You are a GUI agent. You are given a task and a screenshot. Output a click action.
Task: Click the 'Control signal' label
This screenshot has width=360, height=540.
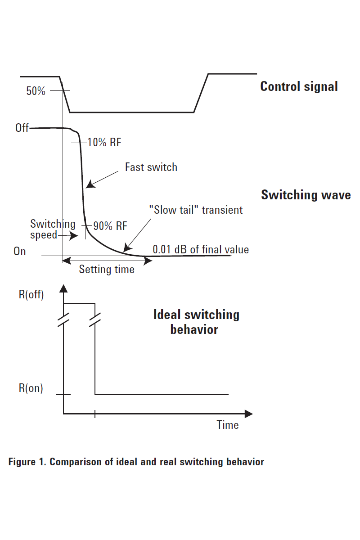point(299,86)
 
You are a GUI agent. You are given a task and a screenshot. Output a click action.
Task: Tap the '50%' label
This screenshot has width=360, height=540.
point(36,91)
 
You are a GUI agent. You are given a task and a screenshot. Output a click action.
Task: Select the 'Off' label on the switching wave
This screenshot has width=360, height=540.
point(22,128)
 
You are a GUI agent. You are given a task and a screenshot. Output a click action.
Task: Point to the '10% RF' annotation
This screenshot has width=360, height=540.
point(104,143)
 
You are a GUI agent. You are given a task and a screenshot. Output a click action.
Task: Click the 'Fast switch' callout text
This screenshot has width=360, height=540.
point(151,167)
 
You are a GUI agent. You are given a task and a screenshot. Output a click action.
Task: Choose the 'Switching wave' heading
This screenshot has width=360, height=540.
point(306,195)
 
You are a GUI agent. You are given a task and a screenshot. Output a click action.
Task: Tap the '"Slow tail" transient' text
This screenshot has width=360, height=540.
point(196,210)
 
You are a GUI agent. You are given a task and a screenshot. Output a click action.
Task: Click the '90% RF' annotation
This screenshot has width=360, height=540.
point(110,226)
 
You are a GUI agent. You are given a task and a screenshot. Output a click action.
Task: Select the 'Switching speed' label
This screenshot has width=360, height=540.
point(52,229)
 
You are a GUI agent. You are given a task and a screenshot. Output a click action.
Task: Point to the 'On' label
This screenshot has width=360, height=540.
point(20,251)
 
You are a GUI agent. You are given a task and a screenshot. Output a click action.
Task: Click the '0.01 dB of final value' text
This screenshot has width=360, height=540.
point(201,249)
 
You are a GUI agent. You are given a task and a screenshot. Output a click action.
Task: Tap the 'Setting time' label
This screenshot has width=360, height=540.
point(107,270)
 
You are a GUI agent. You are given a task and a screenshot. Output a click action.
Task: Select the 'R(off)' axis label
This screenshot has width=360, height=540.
point(31,296)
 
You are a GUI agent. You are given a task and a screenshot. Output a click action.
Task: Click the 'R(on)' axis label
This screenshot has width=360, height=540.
point(31,388)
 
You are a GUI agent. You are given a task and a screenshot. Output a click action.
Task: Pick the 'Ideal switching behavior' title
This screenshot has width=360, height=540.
point(196,322)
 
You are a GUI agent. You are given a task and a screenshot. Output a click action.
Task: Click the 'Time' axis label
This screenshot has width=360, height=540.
point(228,425)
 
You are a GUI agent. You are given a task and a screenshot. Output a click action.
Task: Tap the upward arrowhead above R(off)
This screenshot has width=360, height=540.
point(63,288)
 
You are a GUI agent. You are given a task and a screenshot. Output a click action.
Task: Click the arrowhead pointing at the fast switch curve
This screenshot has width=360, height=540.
point(89,184)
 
